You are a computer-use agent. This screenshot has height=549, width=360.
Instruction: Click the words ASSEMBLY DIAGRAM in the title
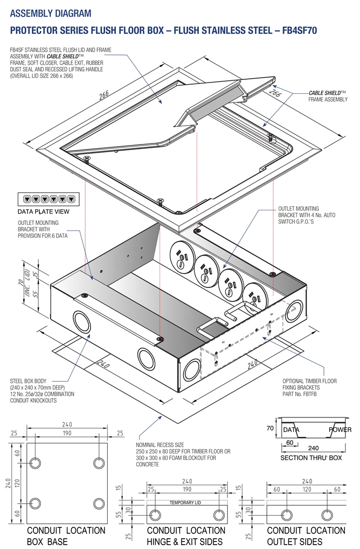(51, 13)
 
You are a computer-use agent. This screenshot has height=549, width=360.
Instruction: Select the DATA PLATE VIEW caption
(44, 211)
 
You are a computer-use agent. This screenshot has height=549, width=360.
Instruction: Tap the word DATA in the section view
(292, 430)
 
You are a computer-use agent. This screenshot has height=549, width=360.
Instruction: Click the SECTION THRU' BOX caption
(310, 457)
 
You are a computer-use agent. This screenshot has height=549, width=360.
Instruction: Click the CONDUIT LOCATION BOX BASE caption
(58, 536)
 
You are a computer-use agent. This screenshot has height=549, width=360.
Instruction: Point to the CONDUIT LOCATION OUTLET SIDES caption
(306, 536)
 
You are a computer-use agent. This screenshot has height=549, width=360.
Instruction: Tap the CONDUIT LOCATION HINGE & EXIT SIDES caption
(186, 536)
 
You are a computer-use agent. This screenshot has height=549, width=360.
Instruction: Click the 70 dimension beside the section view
(271, 429)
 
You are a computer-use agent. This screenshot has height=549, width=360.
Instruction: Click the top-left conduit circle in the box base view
(36, 463)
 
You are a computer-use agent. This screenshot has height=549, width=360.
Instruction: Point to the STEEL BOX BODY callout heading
(31, 381)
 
